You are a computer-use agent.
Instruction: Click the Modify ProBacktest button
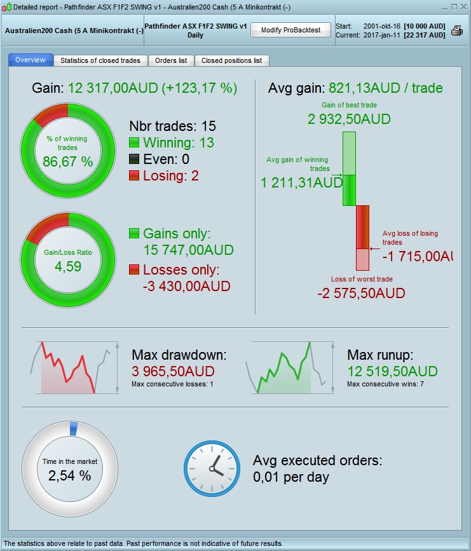pyautogui.click(x=290, y=30)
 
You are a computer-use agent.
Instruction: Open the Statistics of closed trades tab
pyautogui.click(x=100, y=60)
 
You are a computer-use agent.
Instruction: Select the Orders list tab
pyautogui.click(x=171, y=60)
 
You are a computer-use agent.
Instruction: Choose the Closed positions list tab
pyautogui.click(x=231, y=60)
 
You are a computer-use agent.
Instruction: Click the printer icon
pyautogui.click(x=457, y=31)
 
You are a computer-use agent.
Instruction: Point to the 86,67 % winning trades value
pyautogui.click(x=68, y=162)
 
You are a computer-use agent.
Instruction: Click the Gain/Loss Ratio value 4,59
pyautogui.click(x=68, y=266)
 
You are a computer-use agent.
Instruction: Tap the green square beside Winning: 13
pyautogui.click(x=134, y=143)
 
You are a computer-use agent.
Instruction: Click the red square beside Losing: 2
pyautogui.click(x=134, y=176)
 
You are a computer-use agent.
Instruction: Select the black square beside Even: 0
pyautogui.click(x=134, y=160)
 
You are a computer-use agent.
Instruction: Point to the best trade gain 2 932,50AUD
pyautogui.click(x=349, y=119)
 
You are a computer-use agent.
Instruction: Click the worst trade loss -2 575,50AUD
pyautogui.click(x=361, y=293)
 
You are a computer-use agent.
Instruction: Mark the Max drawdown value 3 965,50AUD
pyautogui.click(x=173, y=371)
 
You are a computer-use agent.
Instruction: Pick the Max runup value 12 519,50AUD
pyautogui.click(x=392, y=371)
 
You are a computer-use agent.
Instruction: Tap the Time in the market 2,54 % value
pyautogui.click(x=69, y=475)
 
